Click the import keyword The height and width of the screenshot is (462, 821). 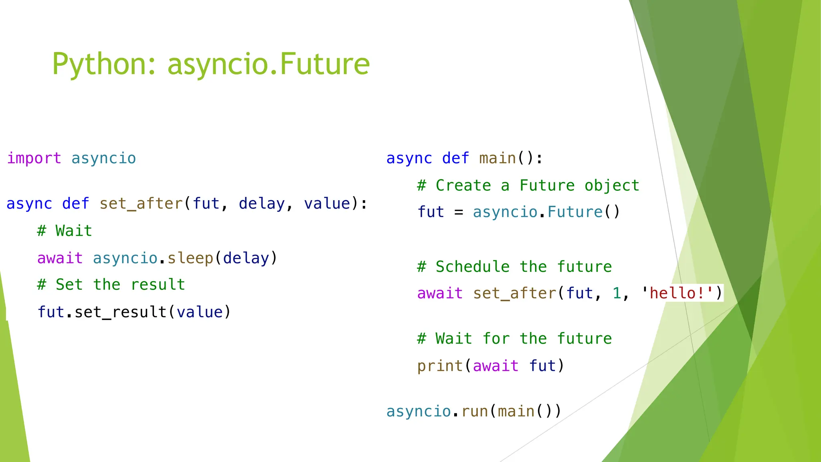click(x=34, y=158)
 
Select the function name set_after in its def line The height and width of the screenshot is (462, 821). click(x=141, y=204)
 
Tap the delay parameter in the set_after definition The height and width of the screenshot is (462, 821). click(x=261, y=204)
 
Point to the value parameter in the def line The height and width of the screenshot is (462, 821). click(x=327, y=204)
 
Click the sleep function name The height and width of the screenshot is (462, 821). click(x=190, y=258)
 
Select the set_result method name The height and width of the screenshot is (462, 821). click(x=121, y=312)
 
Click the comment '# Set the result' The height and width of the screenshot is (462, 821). click(x=111, y=285)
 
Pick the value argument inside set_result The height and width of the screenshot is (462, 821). click(x=200, y=312)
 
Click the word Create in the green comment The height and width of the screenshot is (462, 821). click(x=463, y=186)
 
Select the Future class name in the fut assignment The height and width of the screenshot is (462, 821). click(x=575, y=212)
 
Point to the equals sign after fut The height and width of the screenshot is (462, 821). click(x=459, y=212)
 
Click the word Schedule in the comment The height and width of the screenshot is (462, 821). click(x=473, y=267)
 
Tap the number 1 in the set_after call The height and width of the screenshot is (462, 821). click(x=617, y=293)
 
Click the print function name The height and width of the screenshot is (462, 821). click(x=440, y=366)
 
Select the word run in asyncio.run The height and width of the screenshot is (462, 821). click(x=475, y=411)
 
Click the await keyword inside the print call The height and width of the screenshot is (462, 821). click(x=496, y=366)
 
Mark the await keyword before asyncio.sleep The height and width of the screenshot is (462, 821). click(x=60, y=258)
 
